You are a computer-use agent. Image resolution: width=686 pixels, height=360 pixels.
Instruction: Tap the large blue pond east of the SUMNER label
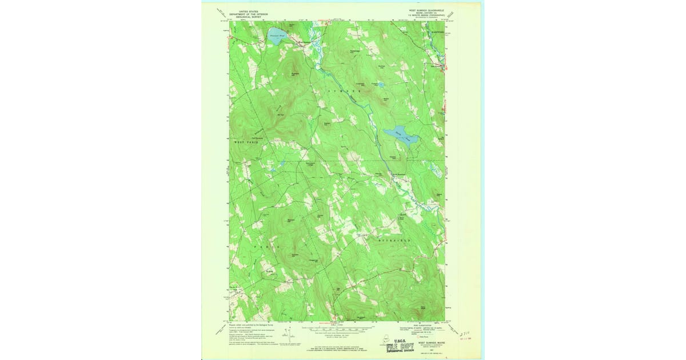(402, 133)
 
